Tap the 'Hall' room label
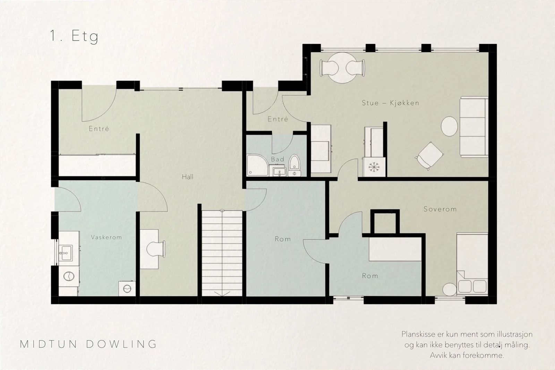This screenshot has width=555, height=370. tap(188, 177)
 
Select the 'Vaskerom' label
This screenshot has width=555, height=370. tap(106, 237)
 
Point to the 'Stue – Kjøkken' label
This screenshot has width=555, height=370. tap(391, 103)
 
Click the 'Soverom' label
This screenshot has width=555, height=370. tap(440, 209)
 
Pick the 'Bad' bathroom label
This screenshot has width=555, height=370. tap(277, 159)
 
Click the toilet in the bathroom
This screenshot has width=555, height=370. tap(294, 165)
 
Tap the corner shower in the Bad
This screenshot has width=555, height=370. tap(258, 165)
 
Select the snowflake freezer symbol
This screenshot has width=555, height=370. tap(374, 167)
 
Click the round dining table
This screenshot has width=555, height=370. tap(342, 68)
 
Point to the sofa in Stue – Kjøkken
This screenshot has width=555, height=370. tap(474, 127)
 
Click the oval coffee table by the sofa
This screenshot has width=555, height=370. tap(449, 126)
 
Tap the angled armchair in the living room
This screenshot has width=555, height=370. tap(429, 156)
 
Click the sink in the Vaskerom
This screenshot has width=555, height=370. tap(66, 253)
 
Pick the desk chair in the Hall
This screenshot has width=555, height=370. tap(156, 249)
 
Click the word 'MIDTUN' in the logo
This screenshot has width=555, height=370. tap(49, 344)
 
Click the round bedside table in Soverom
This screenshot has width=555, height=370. tap(450, 290)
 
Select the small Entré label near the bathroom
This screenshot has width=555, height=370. tap(278, 119)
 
